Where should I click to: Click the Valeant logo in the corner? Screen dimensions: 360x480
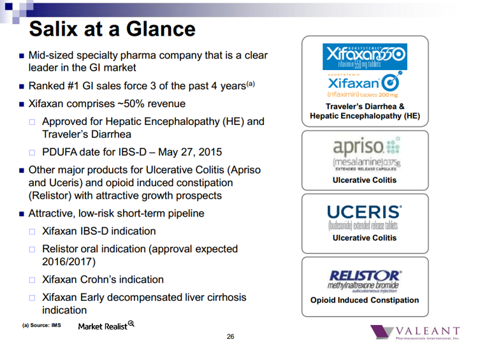point(414,333)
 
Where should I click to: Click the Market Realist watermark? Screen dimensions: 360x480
point(106,326)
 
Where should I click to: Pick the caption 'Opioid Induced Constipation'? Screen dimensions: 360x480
point(365,300)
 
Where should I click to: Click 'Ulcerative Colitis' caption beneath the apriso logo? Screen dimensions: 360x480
point(365,180)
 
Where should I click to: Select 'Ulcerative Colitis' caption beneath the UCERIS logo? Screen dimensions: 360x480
point(365,238)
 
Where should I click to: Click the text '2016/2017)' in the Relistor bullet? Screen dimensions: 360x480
point(68,262)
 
